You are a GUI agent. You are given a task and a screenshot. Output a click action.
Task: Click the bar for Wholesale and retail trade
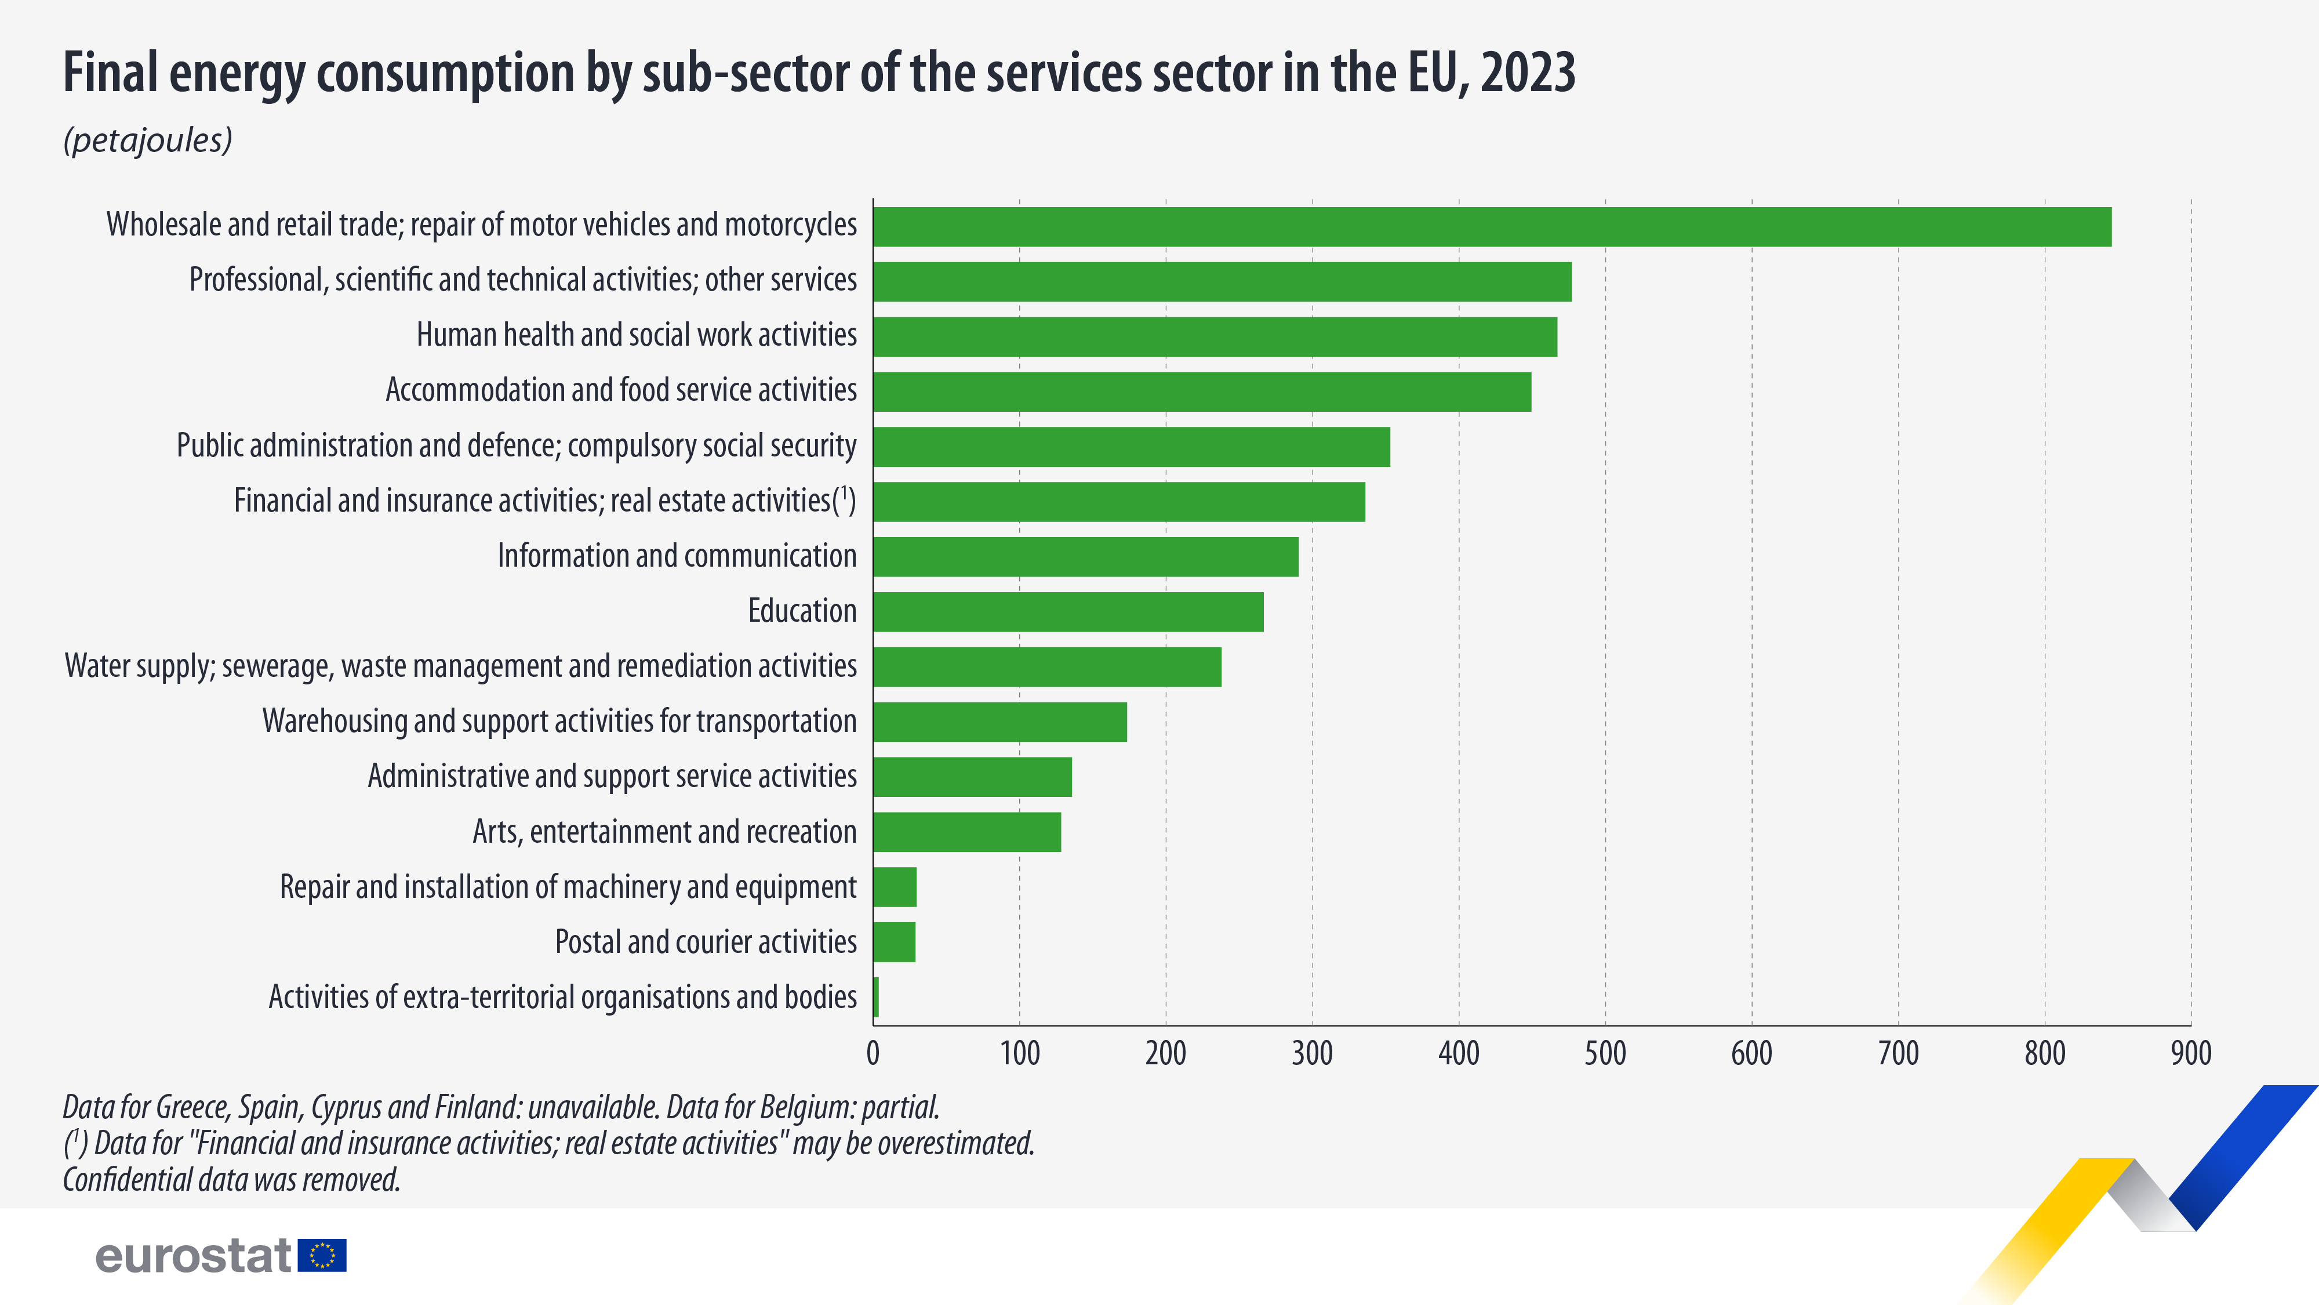pyautogui.click(x=1492, y=227)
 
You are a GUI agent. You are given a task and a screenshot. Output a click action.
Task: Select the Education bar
pyautogui.click(x=1068, y=611)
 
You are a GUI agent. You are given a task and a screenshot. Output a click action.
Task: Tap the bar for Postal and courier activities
pyautogui.click(x=894, y=942)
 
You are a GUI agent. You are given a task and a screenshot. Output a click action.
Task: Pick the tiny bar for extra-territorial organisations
pyautogui.click(x=876, y=997)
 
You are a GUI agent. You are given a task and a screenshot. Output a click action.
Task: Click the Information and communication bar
pyautogui.click(x=1086, y=557)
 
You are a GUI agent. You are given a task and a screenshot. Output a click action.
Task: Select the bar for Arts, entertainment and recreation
pyautogui.click(x=967, y=832)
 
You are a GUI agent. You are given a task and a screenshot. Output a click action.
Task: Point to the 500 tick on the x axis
pyautogui.click(x=1605, y=1053)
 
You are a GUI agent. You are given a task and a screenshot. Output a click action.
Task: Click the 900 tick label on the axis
pyautogui.click(x=2190, y=1053)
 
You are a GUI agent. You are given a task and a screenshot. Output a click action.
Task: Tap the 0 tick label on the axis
pyautogui.click(x=873, y=1053)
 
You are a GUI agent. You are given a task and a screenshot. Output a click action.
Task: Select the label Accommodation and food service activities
pyautogui.click(x=621, y=390)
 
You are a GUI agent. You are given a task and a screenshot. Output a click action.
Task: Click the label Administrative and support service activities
pyautogui.click(x=612, y=777)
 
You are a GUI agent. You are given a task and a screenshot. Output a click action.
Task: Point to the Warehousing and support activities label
pyautogui.click(x=559, y=722)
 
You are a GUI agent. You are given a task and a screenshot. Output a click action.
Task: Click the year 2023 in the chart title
pyautogui.click(x=1528, y=72)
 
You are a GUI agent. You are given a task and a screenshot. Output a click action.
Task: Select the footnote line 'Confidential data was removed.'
pyautogui.click(x=231, y=1180)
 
